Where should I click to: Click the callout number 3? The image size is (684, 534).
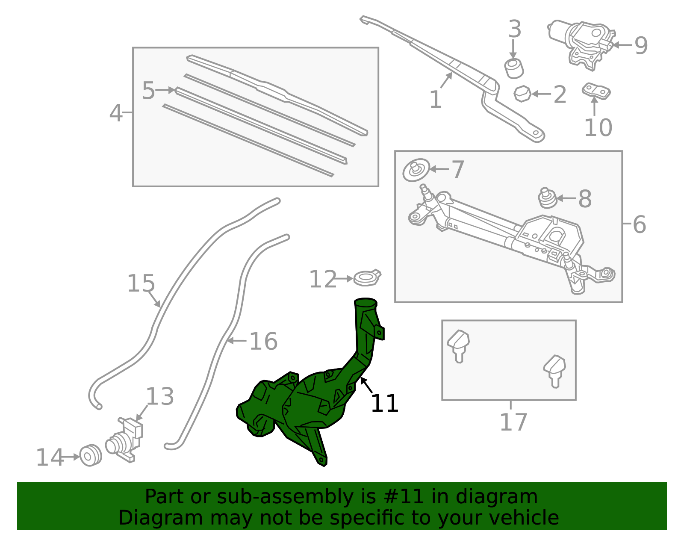[x=515, y=29]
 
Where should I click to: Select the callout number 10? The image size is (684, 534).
[x=598, y=128]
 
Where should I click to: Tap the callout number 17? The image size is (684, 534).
[x=513, y=422]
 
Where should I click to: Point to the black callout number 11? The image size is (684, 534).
[x=385, y=404]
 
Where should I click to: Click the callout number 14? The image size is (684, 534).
[x=50, y=457]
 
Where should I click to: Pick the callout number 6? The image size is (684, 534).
[x=639, y=224]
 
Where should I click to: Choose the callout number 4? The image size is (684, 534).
[x=116, y=113]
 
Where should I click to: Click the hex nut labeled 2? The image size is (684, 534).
[x=522, y=94]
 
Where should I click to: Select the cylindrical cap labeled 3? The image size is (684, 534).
[x=514, y=68]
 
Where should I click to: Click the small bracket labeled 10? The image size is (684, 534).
[x=596, y=91]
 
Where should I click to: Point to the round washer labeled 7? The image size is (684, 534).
[x=416, y=170]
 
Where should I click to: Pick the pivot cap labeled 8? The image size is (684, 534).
[x=547, y=198]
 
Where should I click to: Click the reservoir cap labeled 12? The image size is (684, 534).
[x=367, y=277]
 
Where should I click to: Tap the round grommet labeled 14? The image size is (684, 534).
[x=91, y=455]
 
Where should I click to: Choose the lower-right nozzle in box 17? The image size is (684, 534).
[x=554, y=372]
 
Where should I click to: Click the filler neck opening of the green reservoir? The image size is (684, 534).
[x=366, y=302]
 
